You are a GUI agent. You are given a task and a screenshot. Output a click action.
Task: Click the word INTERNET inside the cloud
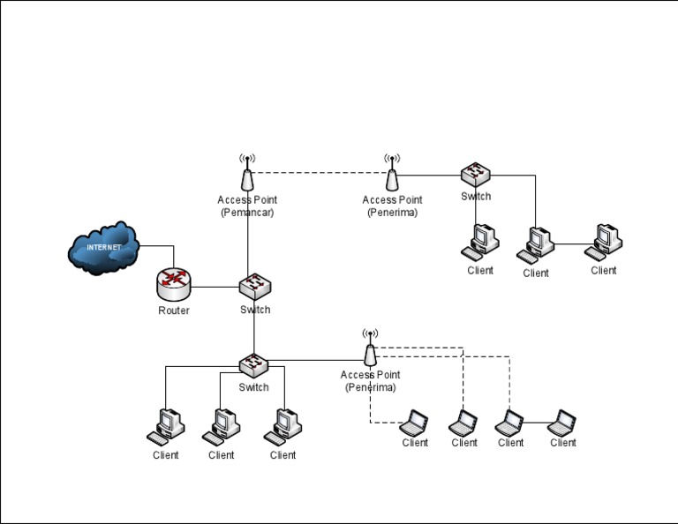(103, 248)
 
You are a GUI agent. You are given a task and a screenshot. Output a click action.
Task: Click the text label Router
(174, 311)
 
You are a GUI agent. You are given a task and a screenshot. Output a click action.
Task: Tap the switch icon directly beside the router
(255, 286)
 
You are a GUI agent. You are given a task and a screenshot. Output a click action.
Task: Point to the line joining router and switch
(215, 287)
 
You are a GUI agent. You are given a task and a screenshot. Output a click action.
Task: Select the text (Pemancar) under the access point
(247, 213)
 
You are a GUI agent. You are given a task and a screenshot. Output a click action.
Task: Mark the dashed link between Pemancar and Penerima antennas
(320, 172)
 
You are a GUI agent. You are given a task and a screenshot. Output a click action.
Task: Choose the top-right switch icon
(476, 174)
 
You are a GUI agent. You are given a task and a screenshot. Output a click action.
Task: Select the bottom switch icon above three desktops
(254, 363)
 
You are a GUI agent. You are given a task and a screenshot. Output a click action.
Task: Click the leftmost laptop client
(414, 423)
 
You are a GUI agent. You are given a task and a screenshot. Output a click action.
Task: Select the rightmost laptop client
(562, 423)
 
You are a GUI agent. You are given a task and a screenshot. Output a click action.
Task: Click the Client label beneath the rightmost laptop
(563, 443)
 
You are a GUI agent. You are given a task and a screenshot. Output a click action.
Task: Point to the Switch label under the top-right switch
(476, 197)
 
